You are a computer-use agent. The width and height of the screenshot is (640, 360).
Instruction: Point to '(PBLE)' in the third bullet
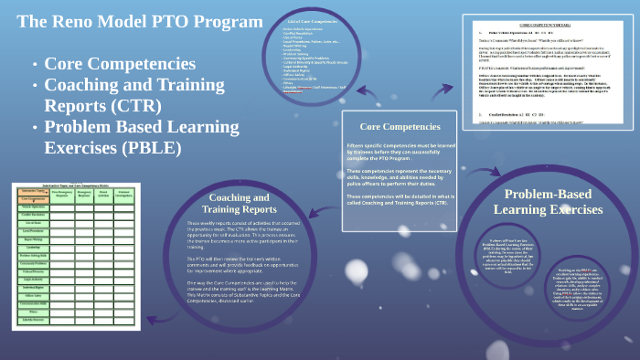tap(149, 146)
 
